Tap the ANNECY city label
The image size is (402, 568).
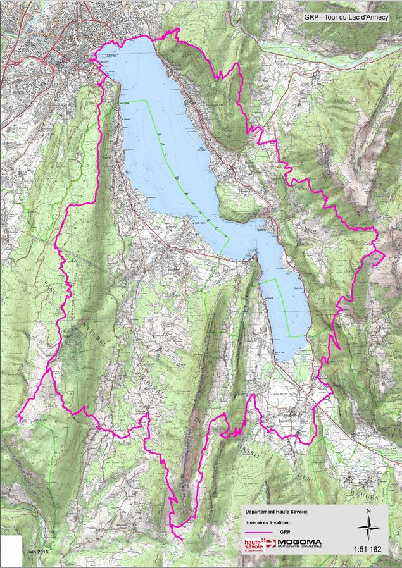tap(113, 55)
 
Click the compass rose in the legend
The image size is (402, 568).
tap(368, 525)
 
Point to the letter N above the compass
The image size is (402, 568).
tap(368, 510)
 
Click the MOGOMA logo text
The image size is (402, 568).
tap(299, 542)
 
